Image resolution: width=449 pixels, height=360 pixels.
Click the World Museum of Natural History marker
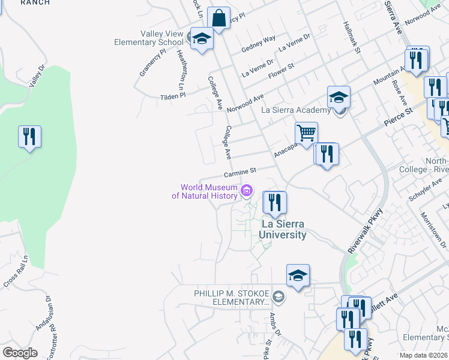tap(246, 191)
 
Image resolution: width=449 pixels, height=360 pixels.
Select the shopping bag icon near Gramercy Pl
tap(219, 19)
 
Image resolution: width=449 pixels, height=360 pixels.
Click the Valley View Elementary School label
tap(149, 38)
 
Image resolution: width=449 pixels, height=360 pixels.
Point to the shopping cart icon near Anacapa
tap(306, 133)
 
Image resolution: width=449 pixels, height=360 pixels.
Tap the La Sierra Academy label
tap(296, 110)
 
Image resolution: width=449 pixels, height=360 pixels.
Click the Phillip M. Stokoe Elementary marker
tap(279, 296)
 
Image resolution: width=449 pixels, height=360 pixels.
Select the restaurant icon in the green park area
tap(29, 137)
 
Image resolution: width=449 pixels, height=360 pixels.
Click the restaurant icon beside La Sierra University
tap(274, 203)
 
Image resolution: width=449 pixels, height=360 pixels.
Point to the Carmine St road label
tap(240, 173)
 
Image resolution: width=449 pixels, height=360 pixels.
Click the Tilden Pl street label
tap(173, 95)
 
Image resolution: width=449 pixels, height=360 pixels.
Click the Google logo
tap(20, 353)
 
